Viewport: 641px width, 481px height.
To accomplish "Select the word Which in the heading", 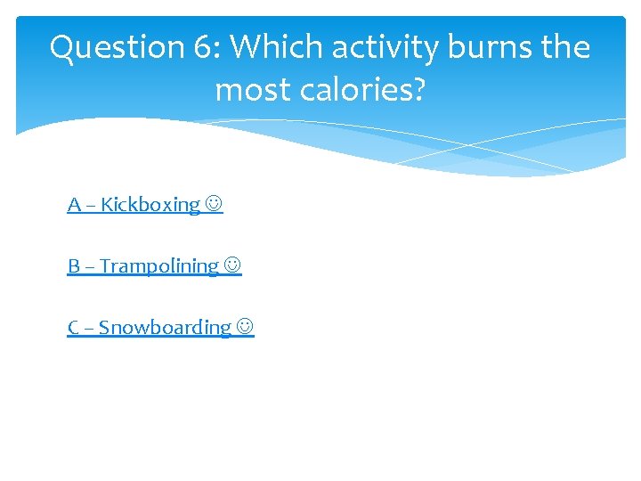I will pyautogui.click(x=265, y=47).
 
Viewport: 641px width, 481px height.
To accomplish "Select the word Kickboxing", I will pyautogui.click(x=150, y=205).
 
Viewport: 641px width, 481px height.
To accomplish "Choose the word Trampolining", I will pyautogui.click(x=159, y=266).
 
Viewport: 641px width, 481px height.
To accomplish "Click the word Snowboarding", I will pyautogui.click(x=165, y=328).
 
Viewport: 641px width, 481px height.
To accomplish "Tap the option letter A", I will pyautogui.click(x=74, y=205).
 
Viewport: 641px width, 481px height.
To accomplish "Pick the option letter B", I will pyautogui.click(x=74, y=266).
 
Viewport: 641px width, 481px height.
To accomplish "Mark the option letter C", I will pyautogui.click(x=74, y=328).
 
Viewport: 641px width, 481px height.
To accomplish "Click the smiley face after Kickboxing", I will pyautogui.click(x=214, y=205).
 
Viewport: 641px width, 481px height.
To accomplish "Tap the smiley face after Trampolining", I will pyautogui.click(x=232, y=266).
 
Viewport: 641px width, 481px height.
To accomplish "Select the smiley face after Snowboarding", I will pyautogui.click(x=245, y=328).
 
